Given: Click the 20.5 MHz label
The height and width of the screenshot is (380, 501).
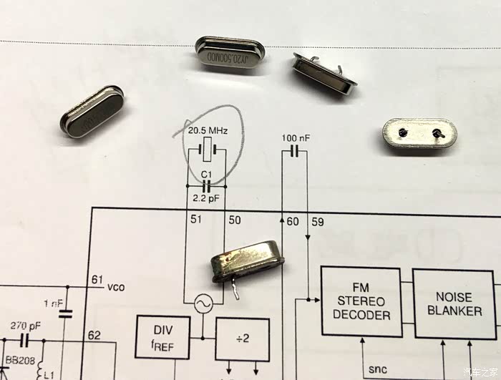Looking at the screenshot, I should click(x=208, y=132).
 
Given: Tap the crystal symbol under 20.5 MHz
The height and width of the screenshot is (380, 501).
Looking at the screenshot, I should click(x=208, y=150).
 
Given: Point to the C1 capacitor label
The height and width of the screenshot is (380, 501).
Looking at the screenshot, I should click(x=207, y=174).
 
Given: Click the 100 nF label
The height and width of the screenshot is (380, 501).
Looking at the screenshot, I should click(x=296, y=137).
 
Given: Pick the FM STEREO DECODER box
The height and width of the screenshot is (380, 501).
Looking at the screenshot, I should click(x=361, y=301).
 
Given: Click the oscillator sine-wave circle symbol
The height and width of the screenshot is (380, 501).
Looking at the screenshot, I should click(x=201, y=304).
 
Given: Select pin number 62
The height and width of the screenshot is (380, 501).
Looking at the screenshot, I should click(x=94, y=334).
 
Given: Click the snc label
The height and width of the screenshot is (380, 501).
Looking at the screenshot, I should click(x=377, y=369).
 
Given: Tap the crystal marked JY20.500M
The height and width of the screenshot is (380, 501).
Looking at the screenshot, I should click(x=230, y=54).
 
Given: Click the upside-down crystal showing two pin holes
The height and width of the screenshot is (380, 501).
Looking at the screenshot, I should click(x=418, y=134).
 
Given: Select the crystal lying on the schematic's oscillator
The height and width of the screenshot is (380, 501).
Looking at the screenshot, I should click(x=247, y=262).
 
